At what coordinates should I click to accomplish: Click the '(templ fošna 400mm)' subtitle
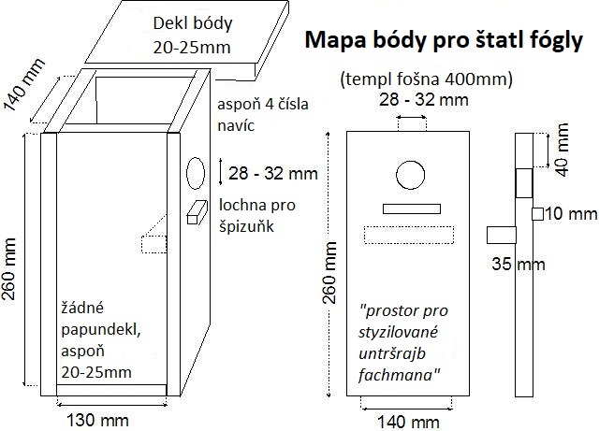tap(426, 79)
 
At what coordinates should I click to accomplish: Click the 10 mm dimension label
tap(570, 214)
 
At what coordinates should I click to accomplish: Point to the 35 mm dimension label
tap(518, 265)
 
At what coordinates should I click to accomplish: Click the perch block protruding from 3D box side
tap(197, 212)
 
